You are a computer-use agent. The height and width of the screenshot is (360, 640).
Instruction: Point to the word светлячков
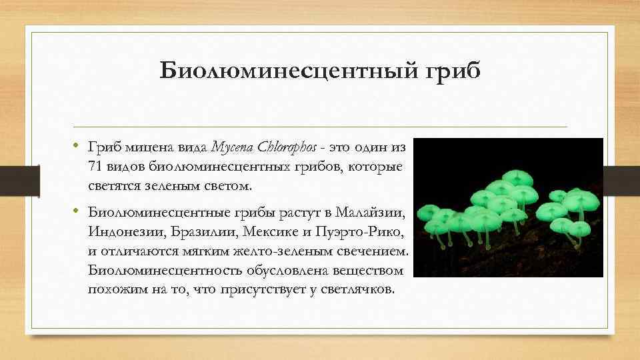coord(359,291)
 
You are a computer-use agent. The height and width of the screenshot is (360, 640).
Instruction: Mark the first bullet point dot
coord(77,145)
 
